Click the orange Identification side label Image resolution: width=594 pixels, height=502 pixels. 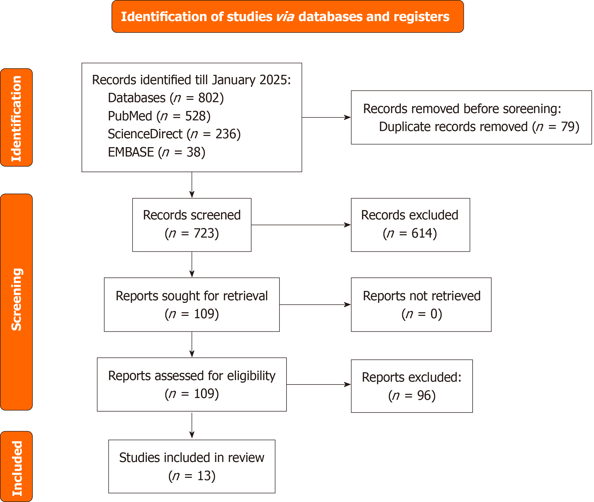(16, 118)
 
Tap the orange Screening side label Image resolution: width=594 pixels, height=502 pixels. (16, 302)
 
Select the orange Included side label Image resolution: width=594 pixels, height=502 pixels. (16, 466)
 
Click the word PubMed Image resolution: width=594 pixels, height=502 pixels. (130, 116)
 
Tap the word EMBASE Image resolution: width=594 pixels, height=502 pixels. (131, 152)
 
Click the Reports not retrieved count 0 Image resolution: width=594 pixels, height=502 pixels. (434, 314)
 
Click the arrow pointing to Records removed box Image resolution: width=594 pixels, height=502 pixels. (327, 117)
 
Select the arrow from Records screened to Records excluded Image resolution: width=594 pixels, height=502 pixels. (301, 225)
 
